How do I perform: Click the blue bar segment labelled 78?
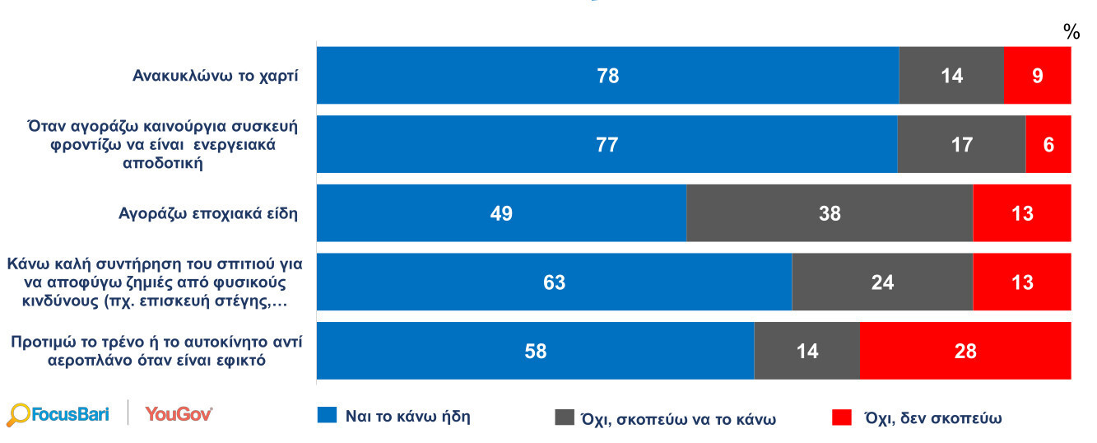(607, 76)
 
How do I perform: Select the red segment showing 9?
(1037, 76)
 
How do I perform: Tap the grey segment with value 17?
(960, 145)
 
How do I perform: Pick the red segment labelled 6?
(1048, 145)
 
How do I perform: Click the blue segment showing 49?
(501, 214)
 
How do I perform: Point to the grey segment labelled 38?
(829, 214)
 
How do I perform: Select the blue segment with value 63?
(554, 282)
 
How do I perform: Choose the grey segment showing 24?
(881, 282)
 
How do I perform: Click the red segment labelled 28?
(965, 352)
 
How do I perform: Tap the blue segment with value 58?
(535, 352)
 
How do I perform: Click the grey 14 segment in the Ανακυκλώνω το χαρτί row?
(951, 76)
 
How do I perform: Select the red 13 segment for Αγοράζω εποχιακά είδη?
(1021, 214)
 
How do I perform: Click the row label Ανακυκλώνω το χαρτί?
(216, 76)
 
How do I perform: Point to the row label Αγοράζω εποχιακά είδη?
(208, 214)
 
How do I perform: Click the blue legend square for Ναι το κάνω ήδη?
(327, 416)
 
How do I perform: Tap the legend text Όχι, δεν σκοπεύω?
(932, 417)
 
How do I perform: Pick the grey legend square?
(565, 417)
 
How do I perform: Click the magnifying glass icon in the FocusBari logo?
(17, 415)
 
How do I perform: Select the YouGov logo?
(179, 413)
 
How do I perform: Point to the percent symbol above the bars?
(1071, 32)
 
